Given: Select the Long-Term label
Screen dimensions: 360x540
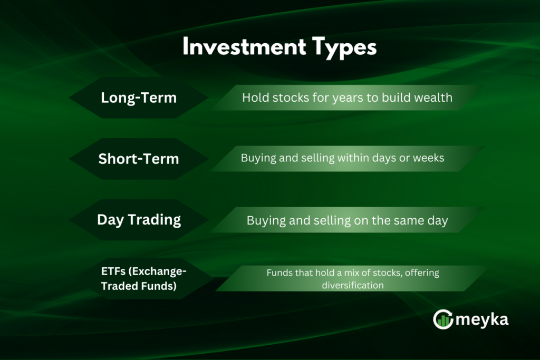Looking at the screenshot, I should pyautogui.click(x=139, y=98).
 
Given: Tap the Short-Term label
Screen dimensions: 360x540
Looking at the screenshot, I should pyautogui.click(x=139, y=159).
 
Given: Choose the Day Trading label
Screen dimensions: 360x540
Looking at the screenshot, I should pyautogui.click(x=139, y=220).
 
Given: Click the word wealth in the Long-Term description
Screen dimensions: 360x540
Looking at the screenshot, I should pyautogui.click(x=435, y=98).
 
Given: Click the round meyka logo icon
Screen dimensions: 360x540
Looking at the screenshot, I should pyautogui.click(x=443, y=319).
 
